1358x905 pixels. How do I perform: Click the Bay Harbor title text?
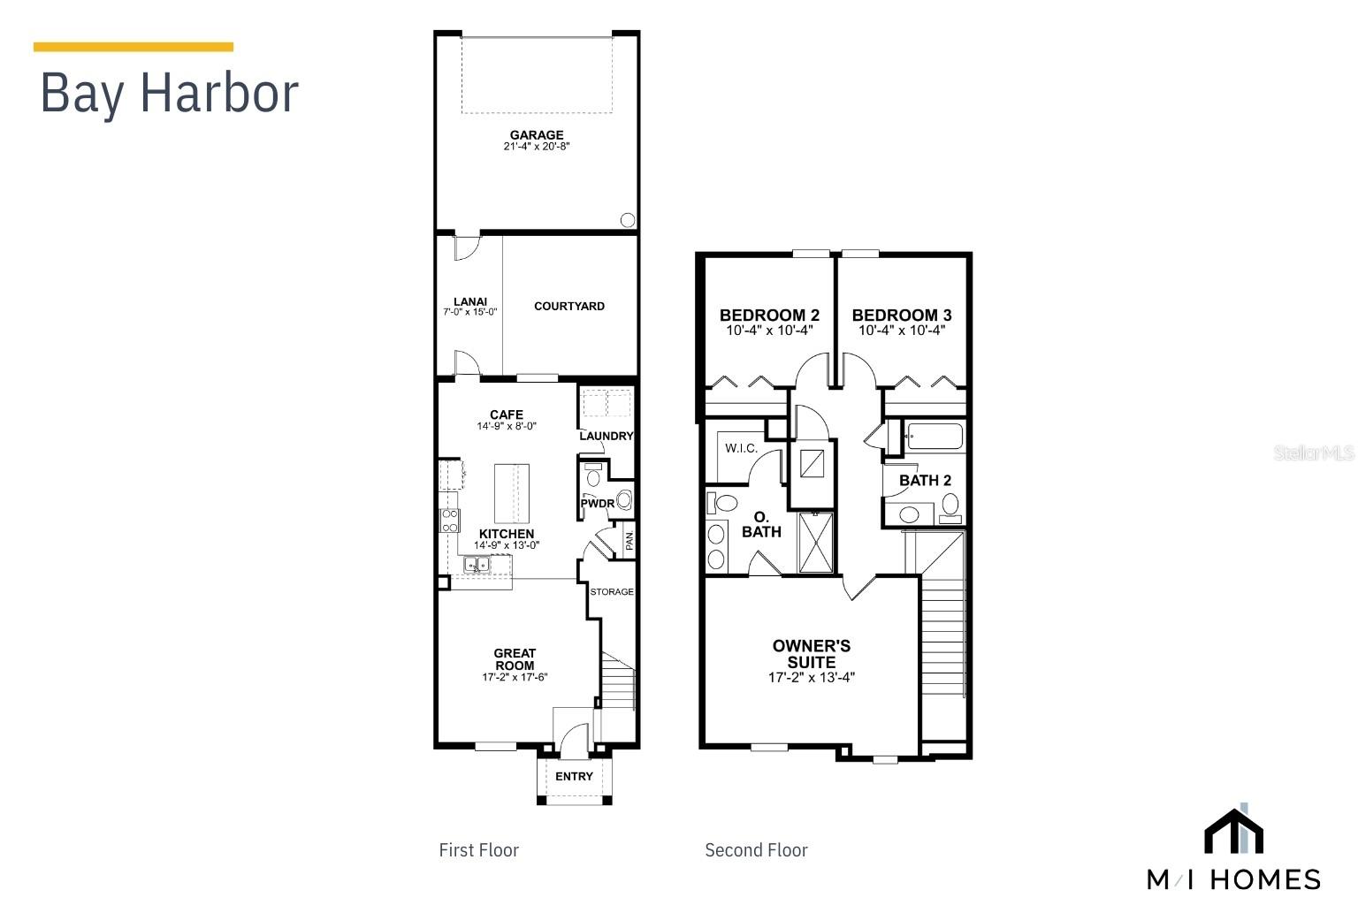pyautogui.click(x=169, y=93)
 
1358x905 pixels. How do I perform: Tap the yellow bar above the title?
pyautogui.click(x=134, y=47)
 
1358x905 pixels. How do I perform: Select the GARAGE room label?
pyautogui.click(x=537, y=135)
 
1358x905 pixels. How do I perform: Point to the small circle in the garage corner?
pyautogui.click(x=628, y=220)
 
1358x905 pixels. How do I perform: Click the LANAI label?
pyautogui.click(x=470, y=301)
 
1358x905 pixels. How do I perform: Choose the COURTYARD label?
pyautogui.click(x=569, y=307)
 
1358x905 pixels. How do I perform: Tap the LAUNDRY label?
pyautogui.click(x=607, y=436)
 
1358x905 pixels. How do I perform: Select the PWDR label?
pyautogui.click(x=597, y=504)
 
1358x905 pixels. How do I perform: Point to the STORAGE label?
pyautogui.click(x=612, y=591)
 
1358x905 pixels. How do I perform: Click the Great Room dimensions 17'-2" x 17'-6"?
pyautogui.click(x=515, y=678)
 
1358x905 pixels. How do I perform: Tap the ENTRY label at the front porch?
pyautogui.click(x=575, y=776)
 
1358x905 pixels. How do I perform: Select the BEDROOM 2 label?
pyautogui.click(x=769, y=315)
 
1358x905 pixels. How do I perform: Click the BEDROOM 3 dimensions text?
pyautogui.click(x=902, y=331)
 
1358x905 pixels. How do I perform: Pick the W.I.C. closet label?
pyautogui.click(x=741, y=448)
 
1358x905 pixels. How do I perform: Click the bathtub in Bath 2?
pyautogui.click(x=934, y=437)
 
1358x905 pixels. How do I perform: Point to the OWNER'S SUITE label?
pyautogui.click(x=812, y=654)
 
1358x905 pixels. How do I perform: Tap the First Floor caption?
pyautogui.click(x=478, y=850)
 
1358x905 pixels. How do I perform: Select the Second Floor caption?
pyautogui.click(x=756, y=850)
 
